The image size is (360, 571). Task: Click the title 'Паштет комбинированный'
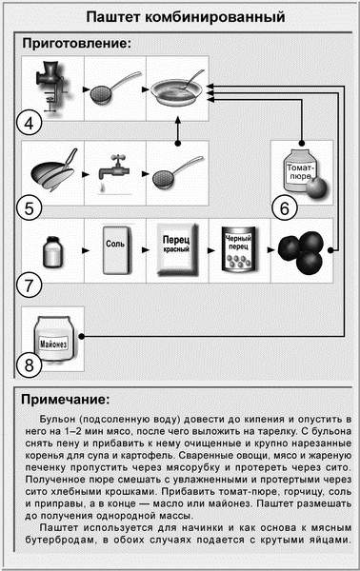(x=180, y=16)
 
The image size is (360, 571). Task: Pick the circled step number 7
(x=31, y=283)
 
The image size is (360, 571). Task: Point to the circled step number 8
(x=31, y=364)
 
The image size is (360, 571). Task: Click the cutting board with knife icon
(x=53, y=171)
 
